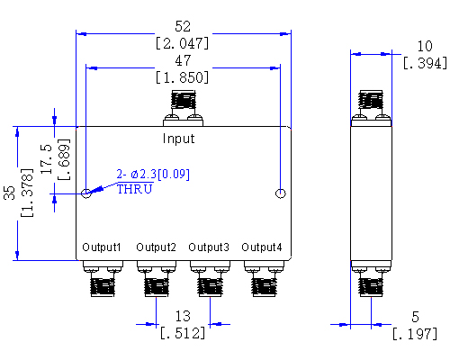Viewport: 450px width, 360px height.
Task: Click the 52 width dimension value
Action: (x=183, y=26)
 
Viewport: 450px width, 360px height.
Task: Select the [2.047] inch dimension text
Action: (x=183, y=42)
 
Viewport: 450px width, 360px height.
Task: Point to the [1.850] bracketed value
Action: (x=183, y=78)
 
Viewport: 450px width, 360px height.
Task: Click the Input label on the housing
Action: (x=178, y=139)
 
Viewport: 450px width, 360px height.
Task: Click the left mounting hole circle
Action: (x=86, y=193)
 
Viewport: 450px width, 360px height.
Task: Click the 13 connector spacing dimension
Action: (x=183, y=317)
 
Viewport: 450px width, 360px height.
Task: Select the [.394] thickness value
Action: (x=419, y=63)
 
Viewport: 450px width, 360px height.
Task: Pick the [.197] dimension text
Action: (x=415, y=335)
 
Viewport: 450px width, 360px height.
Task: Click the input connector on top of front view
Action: (x=183, y=106)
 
